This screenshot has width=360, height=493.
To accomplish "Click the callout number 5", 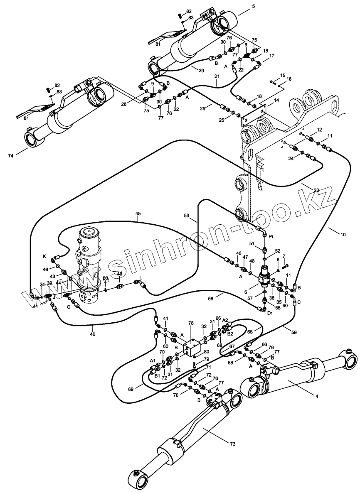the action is pyautogui.click(x=254, y=6).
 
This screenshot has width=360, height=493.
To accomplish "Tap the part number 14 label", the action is pyautogui.click(x=276, y=100).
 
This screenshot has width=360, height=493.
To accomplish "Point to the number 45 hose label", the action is pyautogui.click(x=138, y=213).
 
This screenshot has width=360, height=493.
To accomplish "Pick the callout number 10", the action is pyautogui.click(x=343, y=234).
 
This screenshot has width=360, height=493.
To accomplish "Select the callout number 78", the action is pyautogui.click(x=191, y=323).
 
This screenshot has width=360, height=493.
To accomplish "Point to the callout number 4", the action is pyautogui.click(x=317, y=396).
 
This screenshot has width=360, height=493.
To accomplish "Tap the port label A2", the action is pyautogui.click(x=225, y=319).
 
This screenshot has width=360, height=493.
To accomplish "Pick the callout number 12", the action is pyautogui.click(x=319, y=130).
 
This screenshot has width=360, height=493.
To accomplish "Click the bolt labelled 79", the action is pyautogui.click(x=195, y=365).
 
